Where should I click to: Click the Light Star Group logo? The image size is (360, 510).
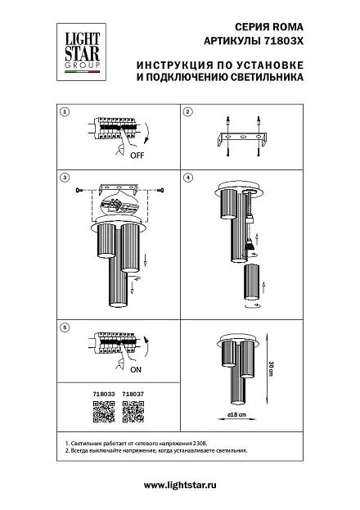pos(81,52)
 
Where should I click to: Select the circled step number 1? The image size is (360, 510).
pos(65,112)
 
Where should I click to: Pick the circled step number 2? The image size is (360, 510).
pos(187,112)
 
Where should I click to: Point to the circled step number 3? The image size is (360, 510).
pos(65,178)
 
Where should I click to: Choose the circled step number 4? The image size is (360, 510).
pos(187,178)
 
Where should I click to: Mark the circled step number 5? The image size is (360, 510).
pos(65,327)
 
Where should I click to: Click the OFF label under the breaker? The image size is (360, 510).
pos(137,156)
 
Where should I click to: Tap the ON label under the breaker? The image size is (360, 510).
pos(136,370)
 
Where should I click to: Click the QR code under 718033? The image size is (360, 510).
pos(104,412)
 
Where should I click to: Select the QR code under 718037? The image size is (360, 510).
pos(133,412)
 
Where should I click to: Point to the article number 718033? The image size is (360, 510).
pos(104,394)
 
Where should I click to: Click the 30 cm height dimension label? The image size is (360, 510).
pos(271,368)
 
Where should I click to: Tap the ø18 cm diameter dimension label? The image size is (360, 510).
pos(236,415)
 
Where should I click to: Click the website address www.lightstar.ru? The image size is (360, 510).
pos(180,485)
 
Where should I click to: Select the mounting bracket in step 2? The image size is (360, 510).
pos(243,138)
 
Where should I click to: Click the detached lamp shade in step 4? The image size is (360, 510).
pos(251,282)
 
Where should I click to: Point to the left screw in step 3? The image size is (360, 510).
pos(79,190)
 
